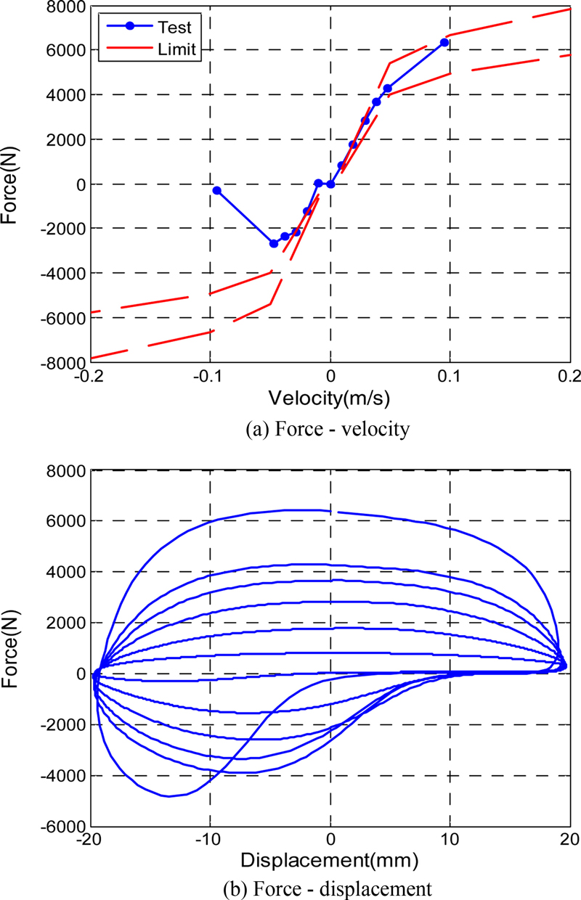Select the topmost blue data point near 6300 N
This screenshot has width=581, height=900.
444,43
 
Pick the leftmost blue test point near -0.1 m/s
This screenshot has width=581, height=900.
216,190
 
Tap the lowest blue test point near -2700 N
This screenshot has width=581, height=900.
274,244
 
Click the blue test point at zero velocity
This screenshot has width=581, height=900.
330,184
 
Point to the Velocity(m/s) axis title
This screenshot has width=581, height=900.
330,398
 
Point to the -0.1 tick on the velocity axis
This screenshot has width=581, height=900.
209,376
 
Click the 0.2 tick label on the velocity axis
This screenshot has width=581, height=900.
569,376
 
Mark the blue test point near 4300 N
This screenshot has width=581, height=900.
388,89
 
